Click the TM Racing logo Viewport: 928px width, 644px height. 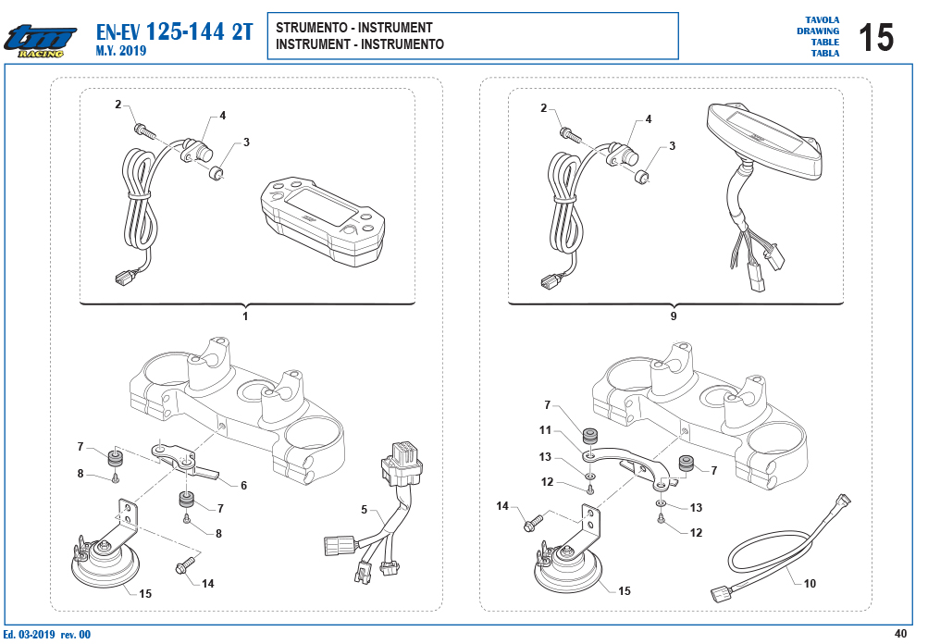(x=40, y=42)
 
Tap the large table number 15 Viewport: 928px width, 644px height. (x=875, y=37)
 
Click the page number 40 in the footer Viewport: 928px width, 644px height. (x=900, y=634)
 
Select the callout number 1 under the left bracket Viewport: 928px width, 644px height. (x=245, y=316)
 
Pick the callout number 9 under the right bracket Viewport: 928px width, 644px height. (x=673, y=316)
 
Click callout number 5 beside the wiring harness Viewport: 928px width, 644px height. (x=364, y=510)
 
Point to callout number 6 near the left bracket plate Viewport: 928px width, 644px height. (x=243, y=486)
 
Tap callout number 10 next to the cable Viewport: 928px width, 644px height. (x=810, y=584)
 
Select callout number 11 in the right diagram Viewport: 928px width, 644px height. (x=545, y=430)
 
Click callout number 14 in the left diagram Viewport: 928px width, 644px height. (x=208, y=584)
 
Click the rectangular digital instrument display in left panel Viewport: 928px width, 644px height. (x=323, y=219)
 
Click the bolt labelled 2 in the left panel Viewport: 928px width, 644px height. (x=144, y=130)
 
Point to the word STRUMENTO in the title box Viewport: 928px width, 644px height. (x=311, y=28)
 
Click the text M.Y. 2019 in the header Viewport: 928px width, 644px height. (x=120, y=51)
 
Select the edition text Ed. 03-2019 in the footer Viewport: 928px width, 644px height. (x=29, y=635)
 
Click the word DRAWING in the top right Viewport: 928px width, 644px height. (x=817, y=31)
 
